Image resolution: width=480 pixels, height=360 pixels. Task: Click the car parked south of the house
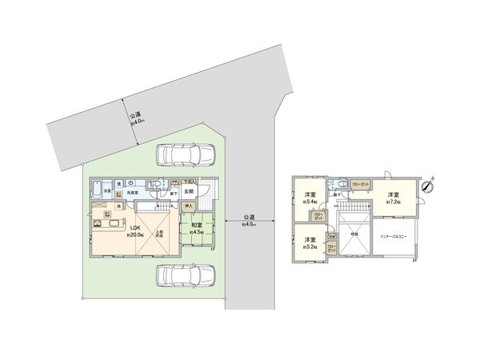coord(185,275)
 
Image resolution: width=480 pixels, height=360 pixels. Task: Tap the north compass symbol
coord(428,186)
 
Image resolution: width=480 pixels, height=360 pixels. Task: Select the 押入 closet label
coord(190,206)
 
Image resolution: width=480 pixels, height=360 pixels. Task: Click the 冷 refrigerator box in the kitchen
coord(118,207)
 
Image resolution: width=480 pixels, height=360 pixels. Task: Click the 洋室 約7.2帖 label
coord(392,198)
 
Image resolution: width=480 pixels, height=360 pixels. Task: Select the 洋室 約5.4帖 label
coord(308,198)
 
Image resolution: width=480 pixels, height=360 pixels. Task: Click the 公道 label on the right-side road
coord(249,221)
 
